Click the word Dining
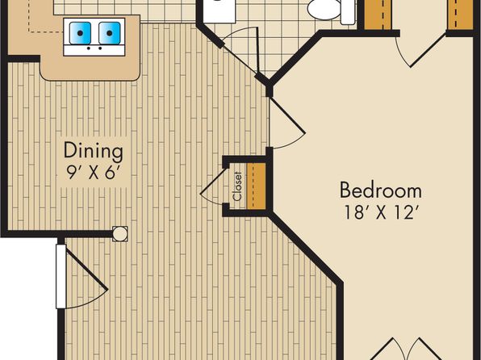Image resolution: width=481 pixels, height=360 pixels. [94, 151]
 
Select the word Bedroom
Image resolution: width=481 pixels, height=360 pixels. [381, 190]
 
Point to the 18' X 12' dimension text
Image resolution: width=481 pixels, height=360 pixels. [382, 212]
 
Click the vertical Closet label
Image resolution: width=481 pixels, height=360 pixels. [237, 186]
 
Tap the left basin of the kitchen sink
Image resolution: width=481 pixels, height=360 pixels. [80, 33]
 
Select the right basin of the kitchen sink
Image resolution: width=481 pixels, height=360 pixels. [110, 33]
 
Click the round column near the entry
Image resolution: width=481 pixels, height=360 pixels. [120, 234]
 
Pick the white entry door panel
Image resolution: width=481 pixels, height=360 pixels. [61, 276]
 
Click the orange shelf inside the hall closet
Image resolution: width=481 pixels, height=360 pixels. [257, 186]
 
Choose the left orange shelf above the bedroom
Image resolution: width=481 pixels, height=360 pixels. [378, 15]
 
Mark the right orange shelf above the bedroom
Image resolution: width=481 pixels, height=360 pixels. [460, 15]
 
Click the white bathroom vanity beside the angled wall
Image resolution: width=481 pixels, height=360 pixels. [219, 11]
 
